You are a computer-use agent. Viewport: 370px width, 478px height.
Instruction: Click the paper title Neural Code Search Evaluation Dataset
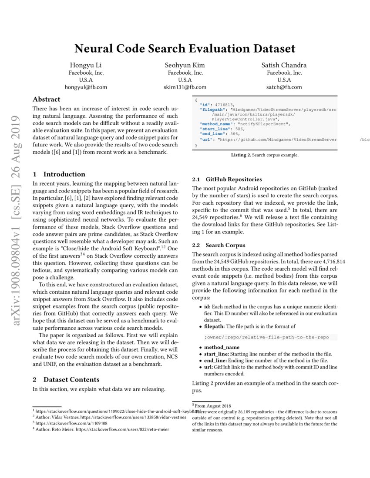coord(185,48)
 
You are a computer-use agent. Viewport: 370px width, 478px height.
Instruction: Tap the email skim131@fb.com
coord(185,87)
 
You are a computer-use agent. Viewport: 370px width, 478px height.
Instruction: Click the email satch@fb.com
coord(284,87)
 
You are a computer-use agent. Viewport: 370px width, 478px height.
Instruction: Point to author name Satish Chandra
coord(284,65)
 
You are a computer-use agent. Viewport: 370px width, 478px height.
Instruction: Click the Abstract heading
coord(47,99)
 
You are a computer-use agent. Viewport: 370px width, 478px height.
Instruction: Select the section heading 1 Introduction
coord(59,174)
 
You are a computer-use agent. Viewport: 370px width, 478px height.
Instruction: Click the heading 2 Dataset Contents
coord(66,379)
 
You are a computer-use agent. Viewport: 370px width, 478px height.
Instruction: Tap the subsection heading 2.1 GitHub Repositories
coord(227,179)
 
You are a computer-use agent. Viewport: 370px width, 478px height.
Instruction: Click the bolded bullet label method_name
coord(222,347)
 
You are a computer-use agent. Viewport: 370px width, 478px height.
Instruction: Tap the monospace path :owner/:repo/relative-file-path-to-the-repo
coord(266,337)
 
